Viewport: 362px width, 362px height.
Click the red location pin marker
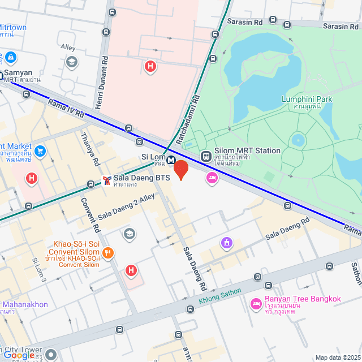coord(180,169)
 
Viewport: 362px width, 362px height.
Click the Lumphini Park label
coord(307,100)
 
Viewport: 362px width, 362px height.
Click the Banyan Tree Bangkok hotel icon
coord(256,304)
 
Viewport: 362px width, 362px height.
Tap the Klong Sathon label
coord(220,296)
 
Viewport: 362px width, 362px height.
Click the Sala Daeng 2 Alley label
coord(126,207)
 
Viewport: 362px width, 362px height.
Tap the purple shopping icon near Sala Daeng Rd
coord(226,243)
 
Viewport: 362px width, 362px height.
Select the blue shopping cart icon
coord(40,151)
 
